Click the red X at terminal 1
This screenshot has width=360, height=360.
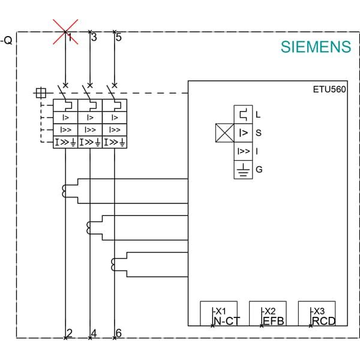pos(65,31)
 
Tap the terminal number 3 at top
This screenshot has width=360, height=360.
pos(94,37)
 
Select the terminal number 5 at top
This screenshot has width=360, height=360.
pos(118,37)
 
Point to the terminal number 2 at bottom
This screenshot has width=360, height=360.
pos(70,334)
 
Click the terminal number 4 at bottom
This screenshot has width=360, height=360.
pos(94,334)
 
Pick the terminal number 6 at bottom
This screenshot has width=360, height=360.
pos(118,334)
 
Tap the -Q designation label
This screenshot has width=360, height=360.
pos(7,41)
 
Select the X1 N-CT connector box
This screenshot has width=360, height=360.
pos(219,314)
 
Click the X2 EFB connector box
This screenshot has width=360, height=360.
pos(268,314)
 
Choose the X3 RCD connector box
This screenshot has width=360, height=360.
pos(317,314)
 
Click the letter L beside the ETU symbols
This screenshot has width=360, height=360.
pos(258,114)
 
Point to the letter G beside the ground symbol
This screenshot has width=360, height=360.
pos(259,170)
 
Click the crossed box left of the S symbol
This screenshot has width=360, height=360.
pos(224,133)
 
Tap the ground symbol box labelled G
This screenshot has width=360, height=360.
pos(243,170)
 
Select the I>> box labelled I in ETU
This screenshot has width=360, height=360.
pos(243,151)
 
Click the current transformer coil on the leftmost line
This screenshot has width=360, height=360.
pos(65,191)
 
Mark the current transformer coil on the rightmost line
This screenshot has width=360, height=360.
pos(114,263)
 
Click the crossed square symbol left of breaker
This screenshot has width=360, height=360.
pos(40,93)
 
